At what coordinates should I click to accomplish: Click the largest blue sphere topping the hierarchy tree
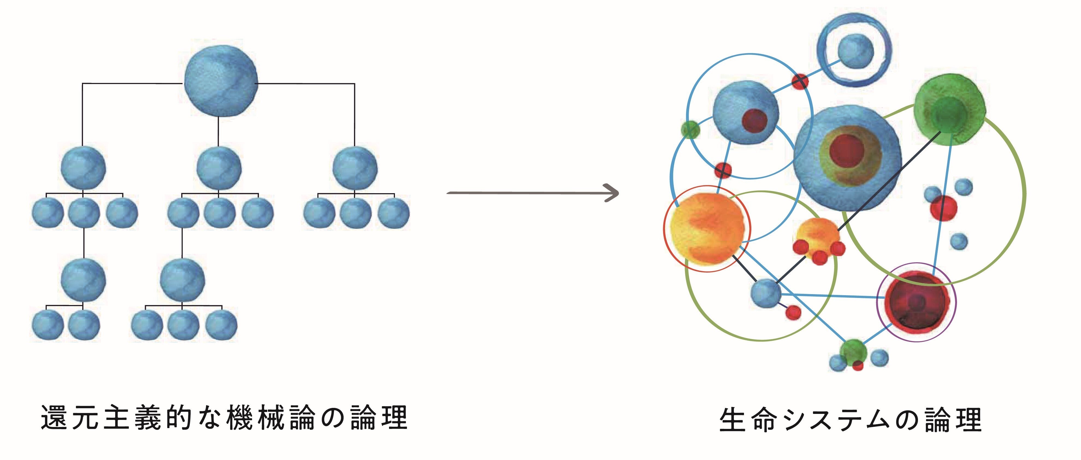click(x=221, y=80)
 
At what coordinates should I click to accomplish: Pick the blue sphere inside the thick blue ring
click(x=855, y=51)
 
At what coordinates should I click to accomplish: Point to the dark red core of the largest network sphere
click(x=847, y=151)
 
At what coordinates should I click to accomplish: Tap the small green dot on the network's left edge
click(x=690, y=130)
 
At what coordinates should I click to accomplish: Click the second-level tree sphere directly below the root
click(x=219, y=168)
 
